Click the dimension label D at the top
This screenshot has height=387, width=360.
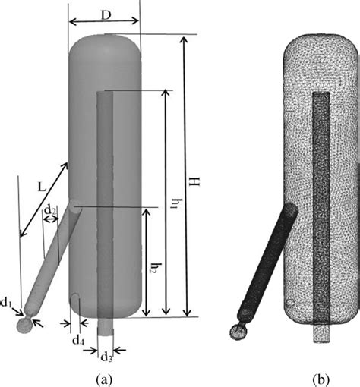104,15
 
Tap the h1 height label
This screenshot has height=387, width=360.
175,203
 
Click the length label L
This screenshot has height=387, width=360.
38,184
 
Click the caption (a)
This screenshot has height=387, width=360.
103,377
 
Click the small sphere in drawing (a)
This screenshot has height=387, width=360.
26,324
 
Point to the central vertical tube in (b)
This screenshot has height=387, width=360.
321,205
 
